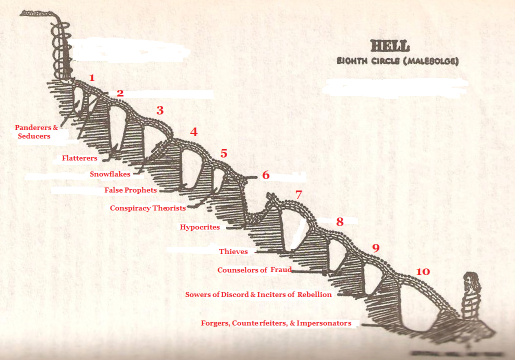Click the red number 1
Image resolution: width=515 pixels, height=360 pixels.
91,77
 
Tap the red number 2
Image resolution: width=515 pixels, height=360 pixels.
120,93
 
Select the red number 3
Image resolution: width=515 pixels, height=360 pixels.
160,110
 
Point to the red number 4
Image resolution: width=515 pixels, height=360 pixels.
193,132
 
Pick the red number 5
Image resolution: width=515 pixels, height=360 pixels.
223,153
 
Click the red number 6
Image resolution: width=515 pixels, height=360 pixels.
265,175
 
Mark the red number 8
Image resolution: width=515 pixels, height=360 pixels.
339,222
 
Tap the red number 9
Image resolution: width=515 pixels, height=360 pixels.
376,247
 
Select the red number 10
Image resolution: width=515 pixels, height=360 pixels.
422,271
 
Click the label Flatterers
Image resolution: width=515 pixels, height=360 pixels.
79,158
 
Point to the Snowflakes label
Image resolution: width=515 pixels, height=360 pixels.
110,174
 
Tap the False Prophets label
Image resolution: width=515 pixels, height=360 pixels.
130,190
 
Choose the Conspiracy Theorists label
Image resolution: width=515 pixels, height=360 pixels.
148,208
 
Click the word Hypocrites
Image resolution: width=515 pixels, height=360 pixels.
200,227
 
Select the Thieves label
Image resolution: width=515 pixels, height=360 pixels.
233,251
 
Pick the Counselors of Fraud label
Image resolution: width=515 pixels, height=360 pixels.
254,270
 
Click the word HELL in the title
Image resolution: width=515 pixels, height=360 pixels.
389,46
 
